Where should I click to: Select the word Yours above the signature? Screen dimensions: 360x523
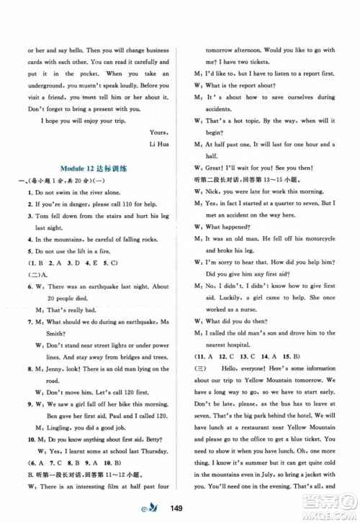coord(157,132)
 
